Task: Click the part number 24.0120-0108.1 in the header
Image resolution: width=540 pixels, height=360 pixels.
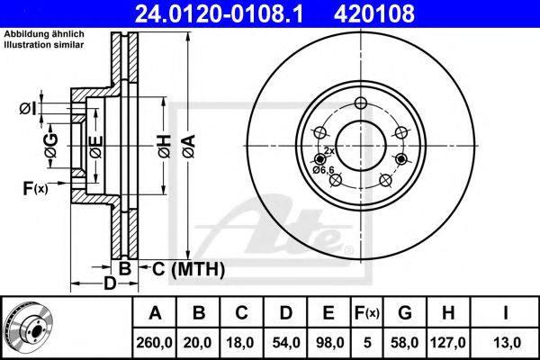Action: (220, 13)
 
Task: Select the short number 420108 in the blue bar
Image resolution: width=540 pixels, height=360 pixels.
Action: (374, 13)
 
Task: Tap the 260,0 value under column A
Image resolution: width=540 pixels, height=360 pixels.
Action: (154, 343)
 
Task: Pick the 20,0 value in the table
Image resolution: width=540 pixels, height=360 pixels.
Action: (198, 343)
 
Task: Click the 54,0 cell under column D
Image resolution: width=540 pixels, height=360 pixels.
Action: (286, 343)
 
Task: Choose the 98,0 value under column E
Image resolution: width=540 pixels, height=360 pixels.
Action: (329, 343)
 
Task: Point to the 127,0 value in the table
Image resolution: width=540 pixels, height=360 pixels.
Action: (447, 343)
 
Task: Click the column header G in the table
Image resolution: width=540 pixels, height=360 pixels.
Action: (405, 313)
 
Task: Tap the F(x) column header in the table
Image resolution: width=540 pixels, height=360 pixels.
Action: (367, 313)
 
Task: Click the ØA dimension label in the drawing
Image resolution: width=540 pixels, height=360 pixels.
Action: (189, 147)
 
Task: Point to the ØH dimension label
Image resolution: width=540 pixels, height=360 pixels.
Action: (165, 147)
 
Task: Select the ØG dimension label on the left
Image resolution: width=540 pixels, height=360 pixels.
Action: (51, 146)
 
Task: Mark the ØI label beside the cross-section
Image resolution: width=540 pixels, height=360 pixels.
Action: (28, 109)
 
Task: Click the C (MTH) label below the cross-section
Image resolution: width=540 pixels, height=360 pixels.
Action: (188, 269)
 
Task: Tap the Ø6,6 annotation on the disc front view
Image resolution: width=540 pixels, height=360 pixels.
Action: (323, 170)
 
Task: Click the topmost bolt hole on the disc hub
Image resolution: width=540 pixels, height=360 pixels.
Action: (361, 103)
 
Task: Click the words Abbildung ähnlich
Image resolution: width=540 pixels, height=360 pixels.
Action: (44, 34)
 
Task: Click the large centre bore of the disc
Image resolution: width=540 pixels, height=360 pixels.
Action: (361, 146)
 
